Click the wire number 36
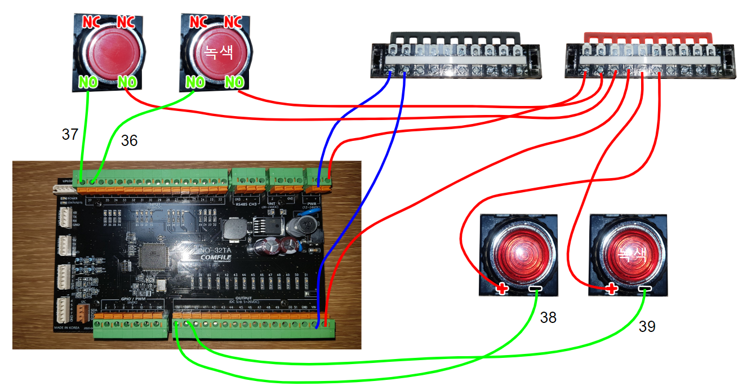pyautogui.click(x=129, y=141)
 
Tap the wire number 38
pyautogui.click(x=548, y=318)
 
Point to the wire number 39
pyautogui.click(x=647, y=327)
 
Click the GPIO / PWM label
pyautogui.click(x=132, y=299)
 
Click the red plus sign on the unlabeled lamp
pyautogui.click(x=501, y=290)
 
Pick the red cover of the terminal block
pyautogui.click(x=648, y=36)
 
